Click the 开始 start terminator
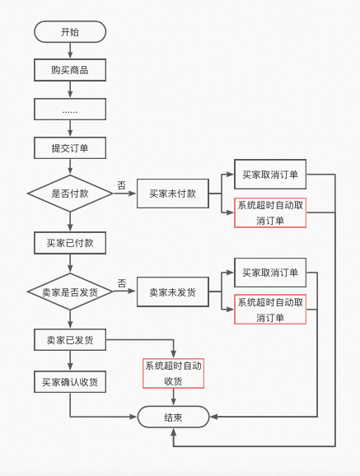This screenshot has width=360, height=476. (70, 32)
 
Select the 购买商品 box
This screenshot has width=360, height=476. (70, 70)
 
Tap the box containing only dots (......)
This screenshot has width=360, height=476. (70, 109)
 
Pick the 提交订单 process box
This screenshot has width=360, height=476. (70, 148)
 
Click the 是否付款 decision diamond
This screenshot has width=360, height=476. (70, 194)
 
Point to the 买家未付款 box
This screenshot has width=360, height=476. (172, 194)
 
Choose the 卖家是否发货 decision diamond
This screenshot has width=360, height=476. (70, 292)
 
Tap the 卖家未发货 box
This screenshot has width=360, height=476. (172, 292)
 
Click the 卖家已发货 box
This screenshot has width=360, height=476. (70, 340)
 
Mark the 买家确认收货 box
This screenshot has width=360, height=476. (70, 382)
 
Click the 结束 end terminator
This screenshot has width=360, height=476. (173, 418)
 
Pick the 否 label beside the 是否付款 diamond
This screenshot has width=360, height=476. (121, 185)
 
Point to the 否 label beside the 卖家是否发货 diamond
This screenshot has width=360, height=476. (121, 283)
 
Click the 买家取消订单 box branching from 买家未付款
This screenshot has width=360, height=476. (269, 175)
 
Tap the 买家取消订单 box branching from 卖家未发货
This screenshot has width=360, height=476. (269, 273)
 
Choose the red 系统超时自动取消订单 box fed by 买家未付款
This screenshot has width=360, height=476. (269, 213)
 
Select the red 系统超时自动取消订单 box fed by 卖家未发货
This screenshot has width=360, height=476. (269, 310)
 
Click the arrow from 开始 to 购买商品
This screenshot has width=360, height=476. (70, 51)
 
